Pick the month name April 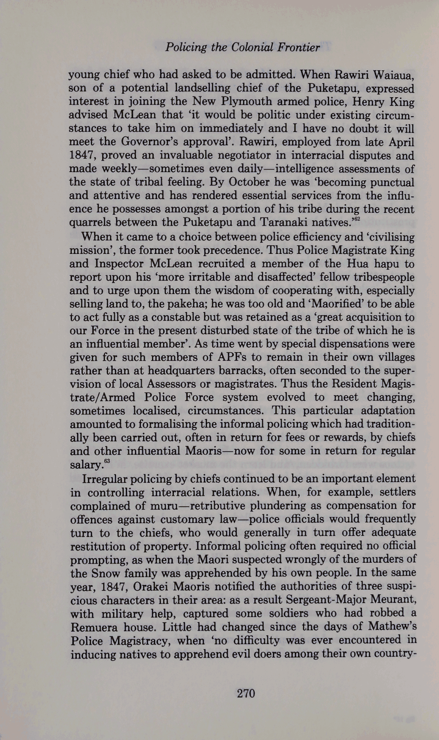(399, 142)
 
